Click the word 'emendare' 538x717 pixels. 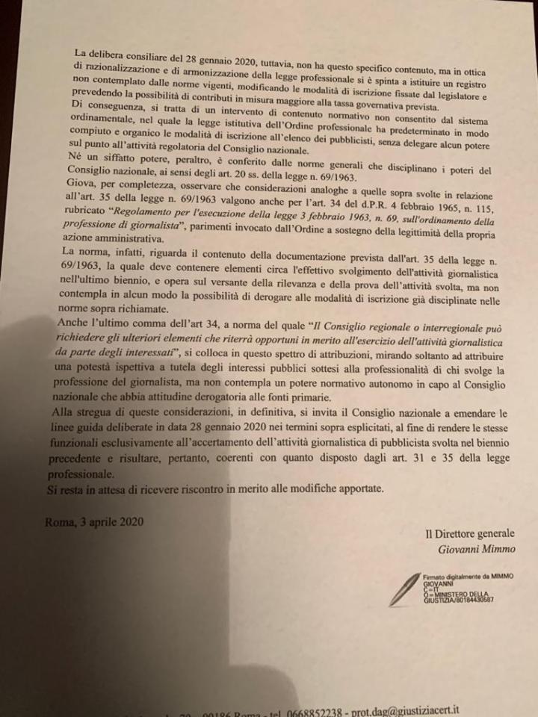click(459, 411)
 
